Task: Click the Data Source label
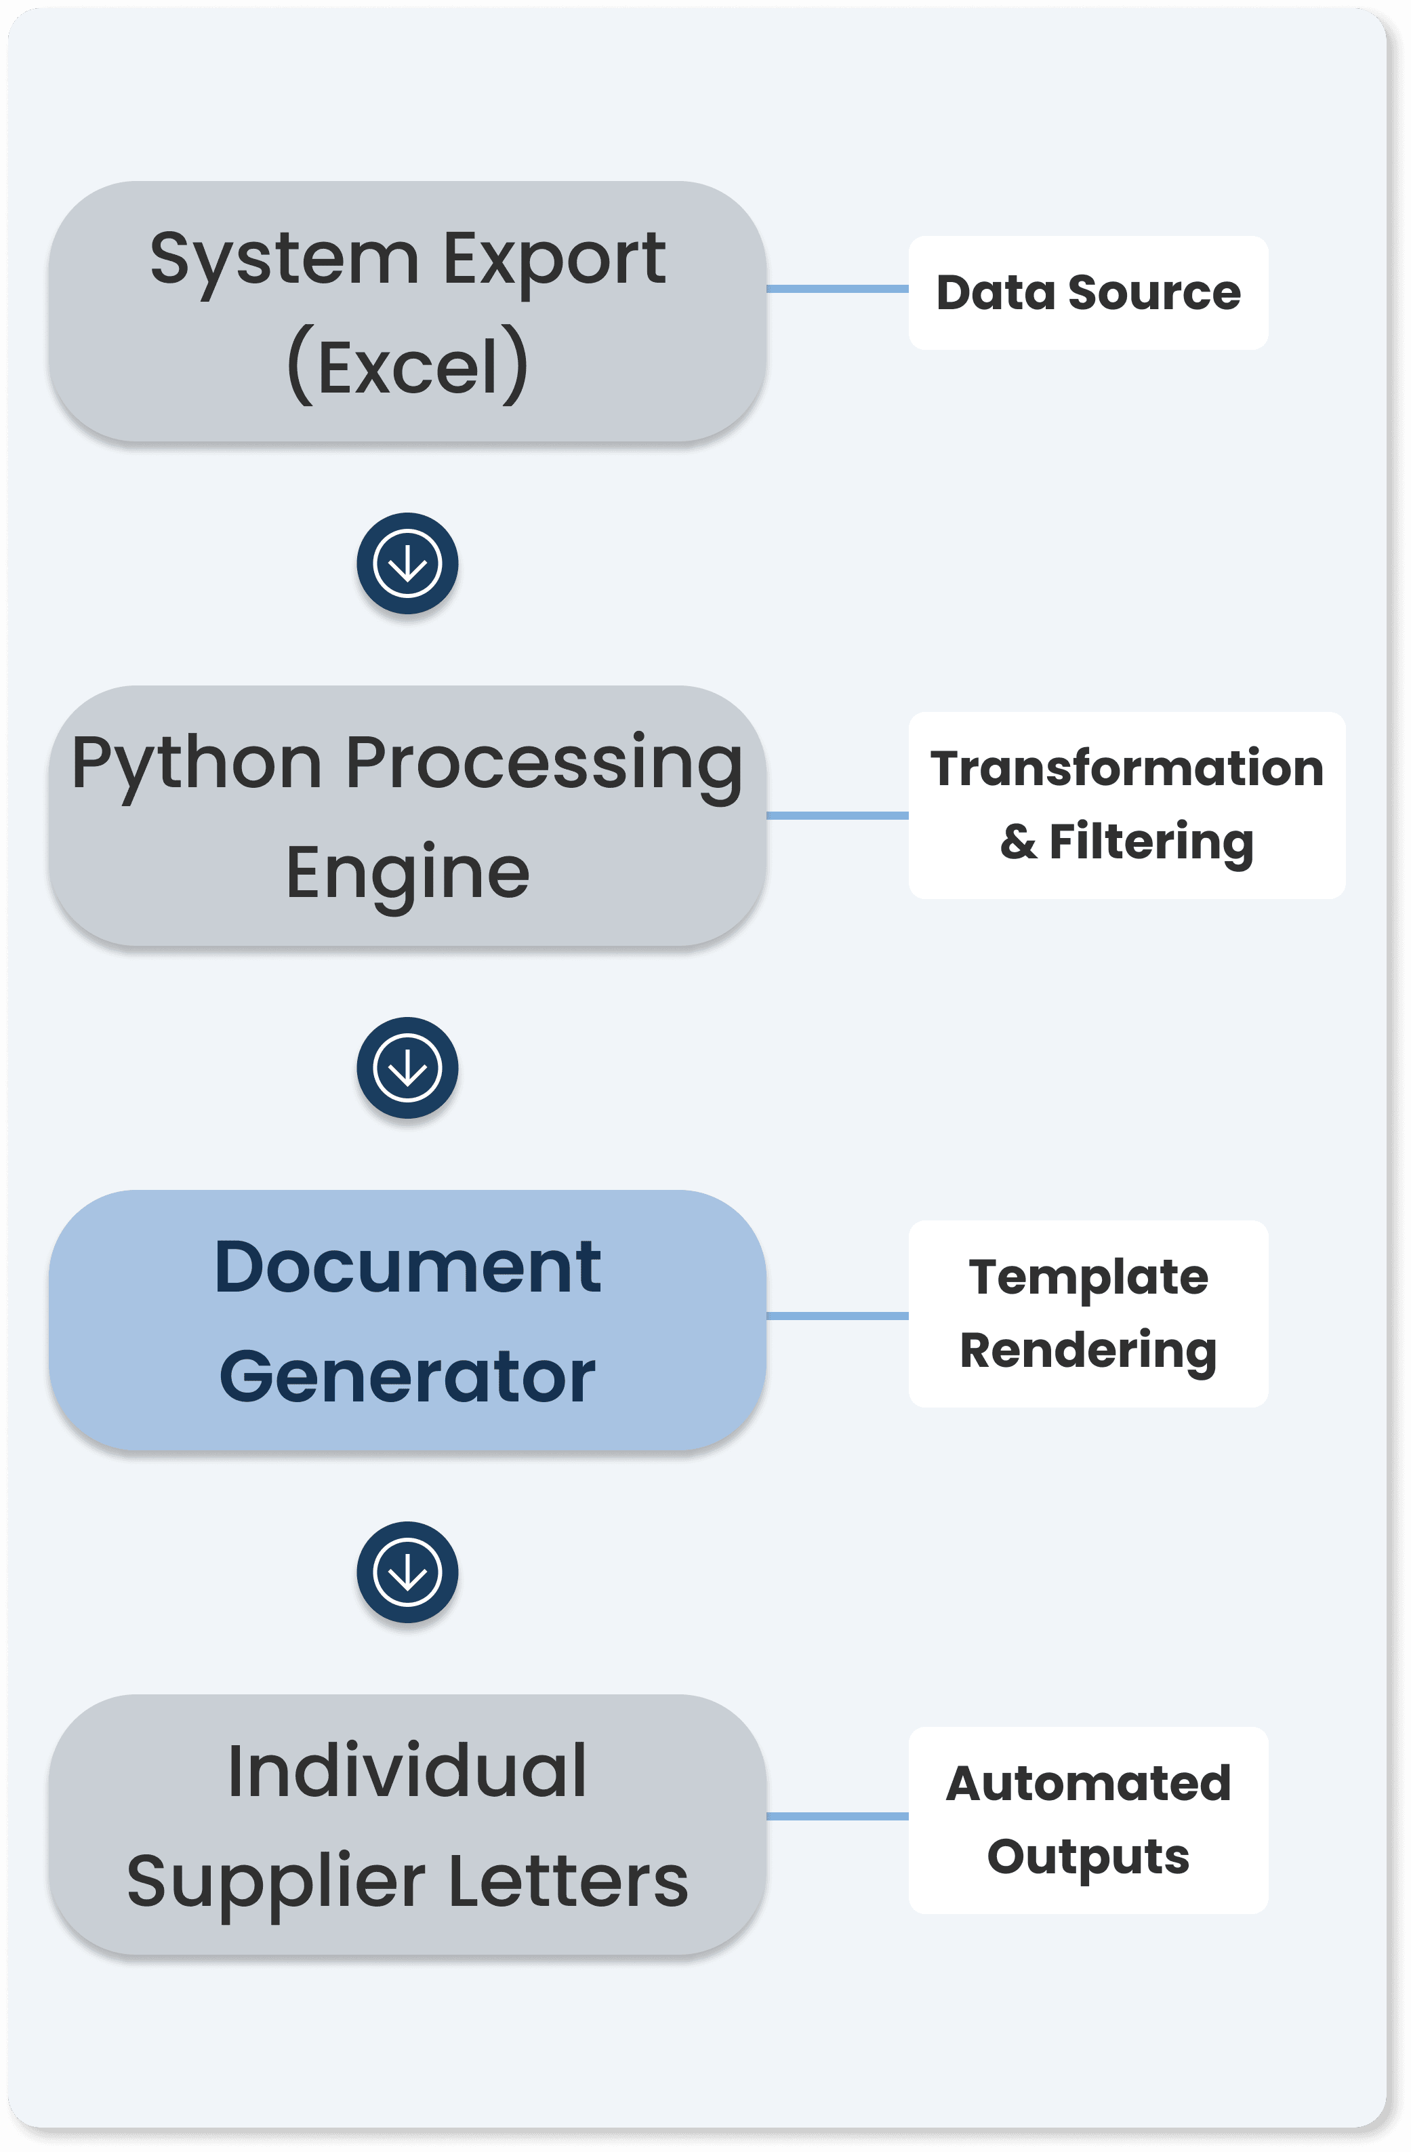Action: click(1088, 293)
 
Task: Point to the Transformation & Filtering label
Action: click(1126, 805)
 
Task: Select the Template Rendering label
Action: click(1088, 1313)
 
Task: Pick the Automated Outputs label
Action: click(1088, 1819)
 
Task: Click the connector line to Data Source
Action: click(837, 288)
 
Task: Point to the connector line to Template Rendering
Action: click(837, 1315)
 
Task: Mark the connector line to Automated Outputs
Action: click(837, 1816)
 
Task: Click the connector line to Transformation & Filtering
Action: click(837, 816)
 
